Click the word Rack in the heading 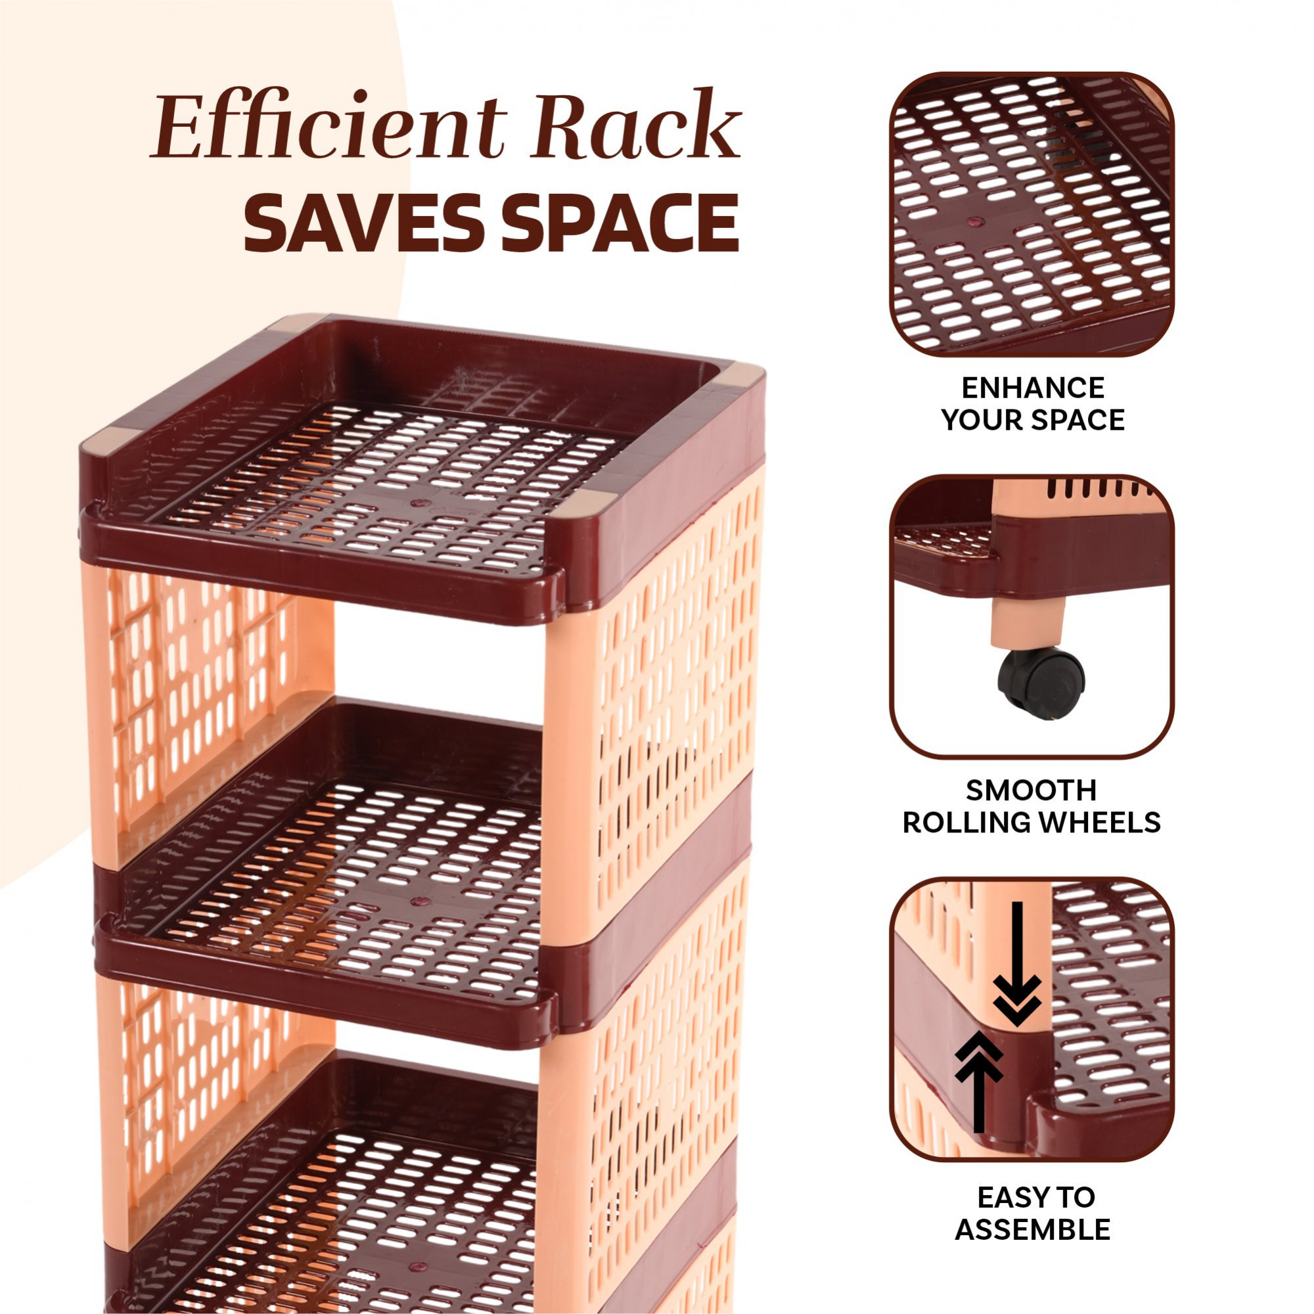click(x=636, y=127)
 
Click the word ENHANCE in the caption click(x=1032, y=388)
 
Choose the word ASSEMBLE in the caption click(x=1032, y=1230)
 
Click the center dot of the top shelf click(x=417, y=504)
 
